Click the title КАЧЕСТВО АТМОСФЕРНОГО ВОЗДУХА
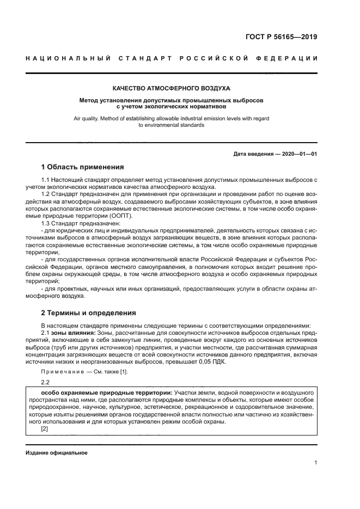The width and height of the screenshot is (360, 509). click(171, 88)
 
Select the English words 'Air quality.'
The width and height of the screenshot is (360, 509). click(88, 118)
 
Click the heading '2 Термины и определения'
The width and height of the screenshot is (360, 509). click(89, 313)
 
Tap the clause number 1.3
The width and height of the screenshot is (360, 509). click(47, 223)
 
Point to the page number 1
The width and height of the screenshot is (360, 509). click(315, 463)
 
